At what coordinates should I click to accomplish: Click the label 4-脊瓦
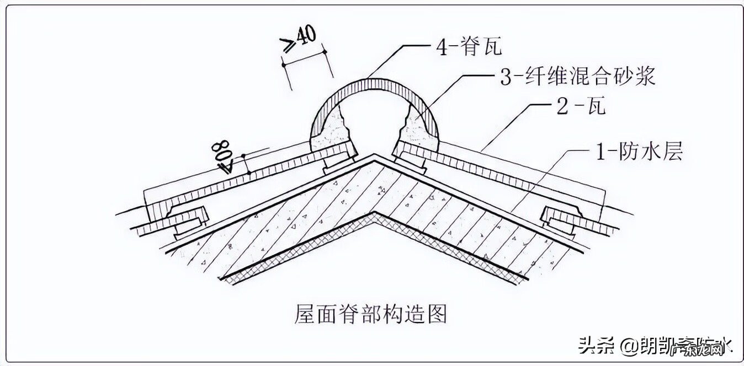[469, 47]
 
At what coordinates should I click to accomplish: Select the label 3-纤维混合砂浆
[577, 76]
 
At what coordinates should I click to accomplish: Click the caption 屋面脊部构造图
[370, 314]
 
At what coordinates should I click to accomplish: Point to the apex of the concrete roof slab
[375, 157]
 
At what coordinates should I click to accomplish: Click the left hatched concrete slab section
[276, 220]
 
